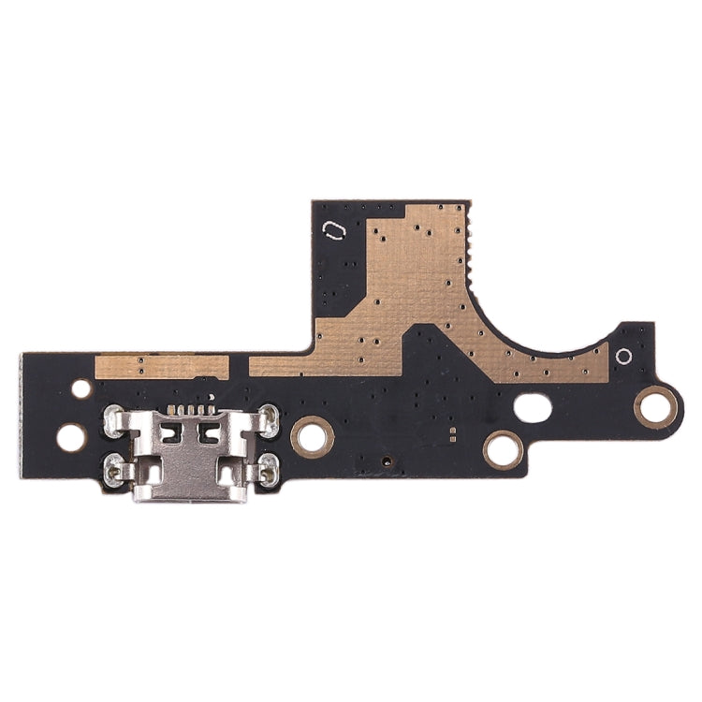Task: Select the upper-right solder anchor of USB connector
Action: (269, 417)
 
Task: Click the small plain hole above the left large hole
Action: (81, 388)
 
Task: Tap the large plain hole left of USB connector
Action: (71, 437)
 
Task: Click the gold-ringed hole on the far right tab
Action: (655, 405)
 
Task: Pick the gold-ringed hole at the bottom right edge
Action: (503, 449)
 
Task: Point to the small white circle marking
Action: (623, 357)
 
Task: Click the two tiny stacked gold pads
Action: (453, 433)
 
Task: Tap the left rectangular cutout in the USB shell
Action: (170, 433)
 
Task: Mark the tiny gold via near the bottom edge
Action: (386, 461)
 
